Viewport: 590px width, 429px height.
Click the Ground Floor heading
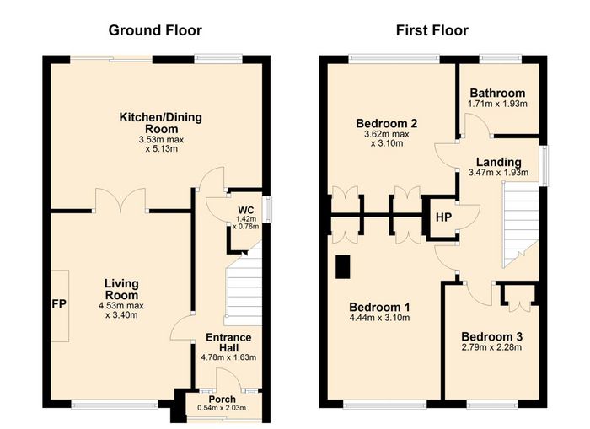[x=155, y=30]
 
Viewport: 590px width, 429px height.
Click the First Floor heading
[x=432, y=30]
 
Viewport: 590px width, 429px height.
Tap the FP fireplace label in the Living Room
[x=60, y=304]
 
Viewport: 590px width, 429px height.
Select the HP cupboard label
[x=443, y=217]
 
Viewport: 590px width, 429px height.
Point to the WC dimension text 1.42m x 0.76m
[x=245, y=223]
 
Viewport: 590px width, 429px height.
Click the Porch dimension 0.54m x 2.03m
[x=222, y=408]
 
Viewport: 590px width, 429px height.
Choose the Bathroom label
[x=497, y=93]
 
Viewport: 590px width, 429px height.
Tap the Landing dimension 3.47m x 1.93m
[x=498, y=173]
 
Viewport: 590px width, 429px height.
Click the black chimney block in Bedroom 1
[x=343, y=267]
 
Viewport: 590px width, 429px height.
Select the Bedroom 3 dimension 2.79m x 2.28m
[x=491, y=347]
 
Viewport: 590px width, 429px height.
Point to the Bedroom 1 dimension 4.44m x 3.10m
[x=379, y=318]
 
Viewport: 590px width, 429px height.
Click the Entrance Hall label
[x=228, y=342]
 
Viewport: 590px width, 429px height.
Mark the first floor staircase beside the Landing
[x=521, y=224]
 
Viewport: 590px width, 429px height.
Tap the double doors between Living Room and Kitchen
[x=121, y=201]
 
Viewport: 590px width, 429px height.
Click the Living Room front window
[x=115, y=405]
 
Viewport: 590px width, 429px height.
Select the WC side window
[x=267, y=209]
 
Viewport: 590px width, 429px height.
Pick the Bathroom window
[x=501, y=59]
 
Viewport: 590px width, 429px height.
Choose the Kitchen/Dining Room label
[x=161, y=123]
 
